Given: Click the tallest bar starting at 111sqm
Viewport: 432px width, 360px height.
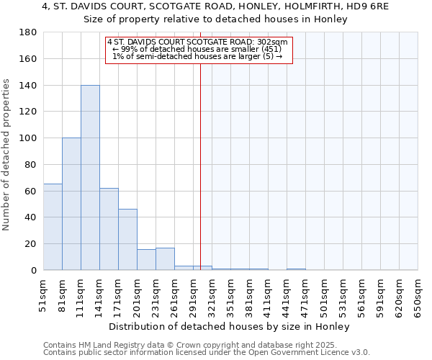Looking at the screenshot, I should pyautogui.click(x=90, y=178).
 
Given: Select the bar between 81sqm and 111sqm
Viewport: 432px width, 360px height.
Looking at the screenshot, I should pyautogui.click(x=71, y=204).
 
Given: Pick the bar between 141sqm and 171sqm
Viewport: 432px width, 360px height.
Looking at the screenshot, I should pyautogui.click(x=109, y=229).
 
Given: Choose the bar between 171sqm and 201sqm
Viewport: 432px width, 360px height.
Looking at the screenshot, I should pyautogui.click(x=127, y=240).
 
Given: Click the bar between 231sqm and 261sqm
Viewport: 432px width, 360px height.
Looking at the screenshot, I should pyautogui.click(x=165, y=259).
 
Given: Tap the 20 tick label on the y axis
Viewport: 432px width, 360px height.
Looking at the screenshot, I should pyautogui.click(x=30, y=244).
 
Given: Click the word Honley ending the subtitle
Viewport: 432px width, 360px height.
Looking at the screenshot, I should pyautogui.click(x=331, y=19).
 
